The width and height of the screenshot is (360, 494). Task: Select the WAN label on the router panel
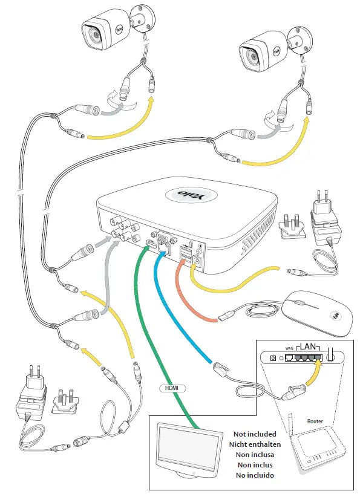(289, 349)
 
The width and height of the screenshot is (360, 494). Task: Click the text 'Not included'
(254, 434)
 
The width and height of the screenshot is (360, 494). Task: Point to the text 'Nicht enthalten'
(254, 444)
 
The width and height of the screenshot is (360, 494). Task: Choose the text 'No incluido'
(254, 475)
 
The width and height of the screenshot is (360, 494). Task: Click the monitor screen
(182, 450)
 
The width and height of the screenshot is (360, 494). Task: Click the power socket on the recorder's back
(197, 261)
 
